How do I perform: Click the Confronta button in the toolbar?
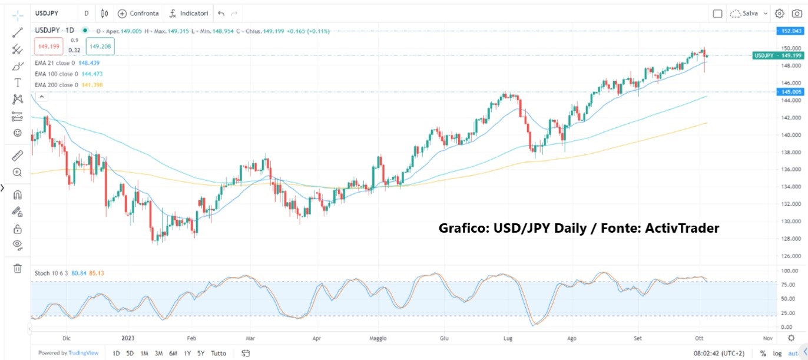(139, 13)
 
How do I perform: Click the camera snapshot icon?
(797, 13)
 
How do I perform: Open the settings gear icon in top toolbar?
(780, 13)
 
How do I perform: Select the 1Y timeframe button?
(187, 354)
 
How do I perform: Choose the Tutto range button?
(218, 354)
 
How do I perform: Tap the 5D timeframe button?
(130, 354)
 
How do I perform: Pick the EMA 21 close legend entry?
(55, 63)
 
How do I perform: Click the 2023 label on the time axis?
(128, 338)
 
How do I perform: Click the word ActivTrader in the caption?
(685, 228)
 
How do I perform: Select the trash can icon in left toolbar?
(18, 268)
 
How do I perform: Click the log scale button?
(777, 354)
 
